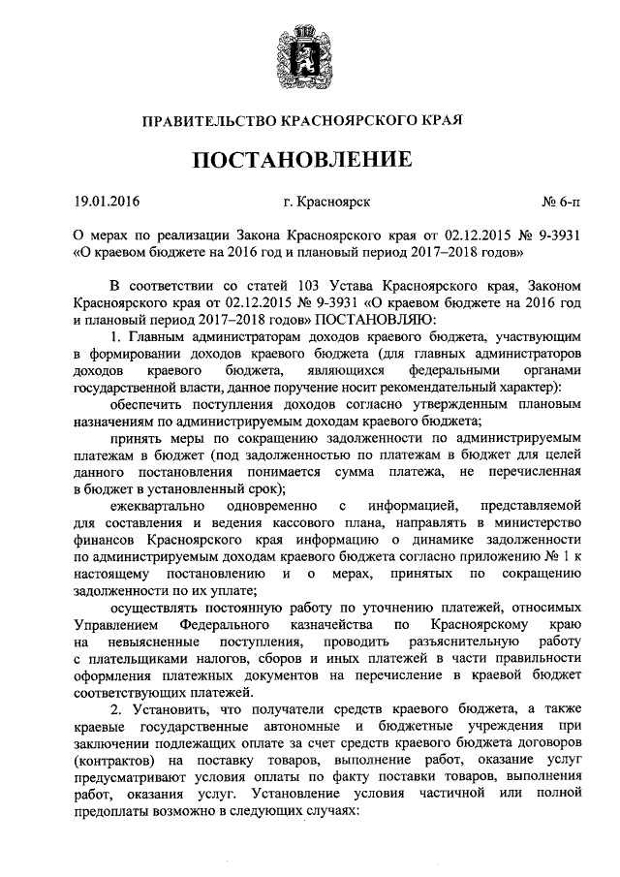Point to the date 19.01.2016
click(x=107, y=203)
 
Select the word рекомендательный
click(x=428, y=389)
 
